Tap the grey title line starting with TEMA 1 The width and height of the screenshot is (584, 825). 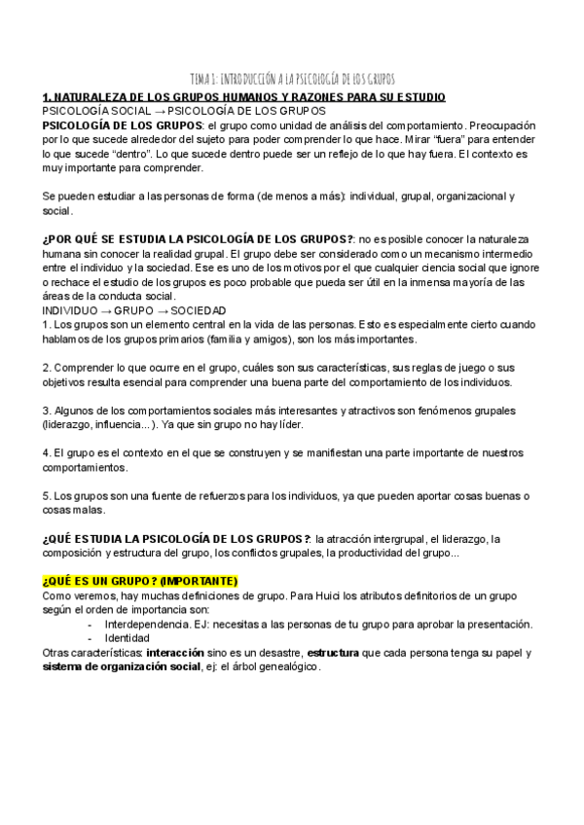click(292, 78)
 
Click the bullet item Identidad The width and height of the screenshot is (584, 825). click(124, 638)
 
